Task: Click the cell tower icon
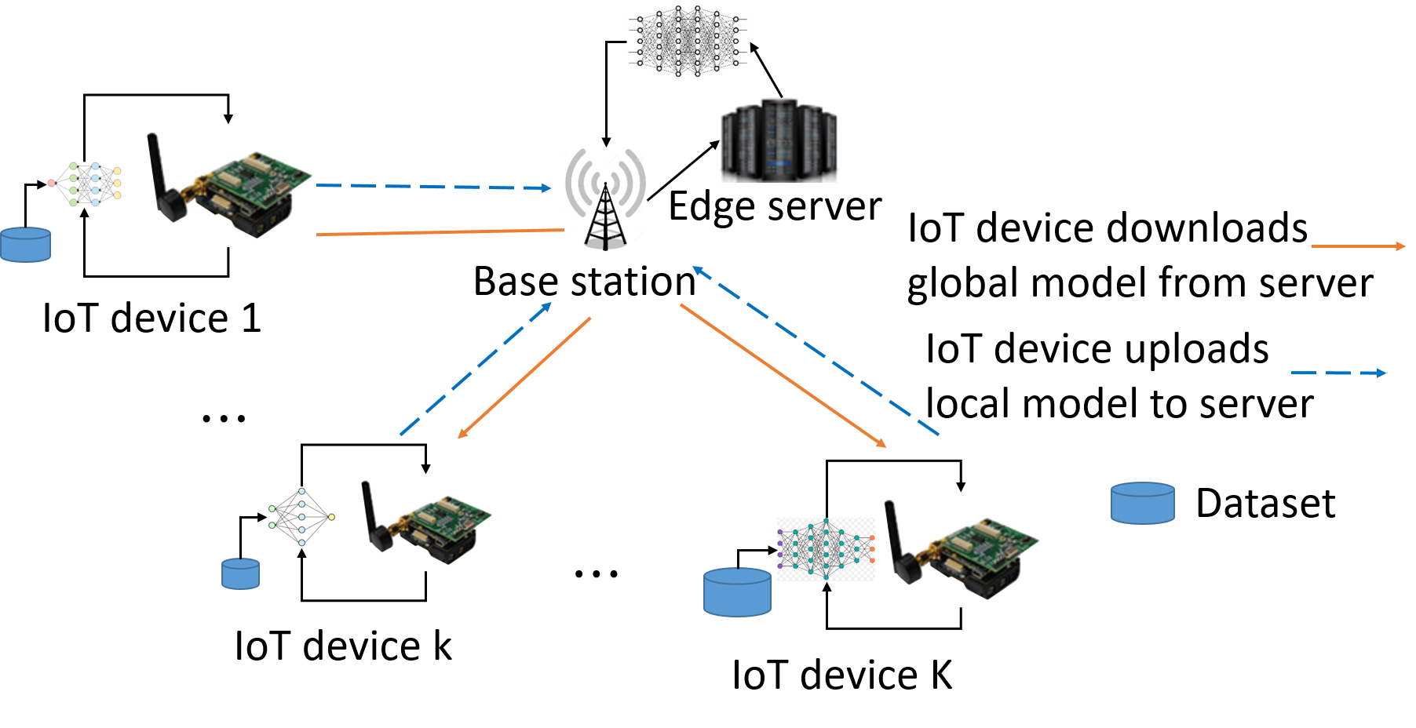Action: (605, 201)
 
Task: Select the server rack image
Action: (781, 140)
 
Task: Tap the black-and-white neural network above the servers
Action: (688, 41)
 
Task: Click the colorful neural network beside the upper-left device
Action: (84, 184)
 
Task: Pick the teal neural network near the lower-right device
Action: (826, 549)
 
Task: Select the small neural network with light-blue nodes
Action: (301, 516)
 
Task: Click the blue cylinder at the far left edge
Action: (25, 245)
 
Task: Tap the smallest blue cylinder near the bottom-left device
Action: (240, 573)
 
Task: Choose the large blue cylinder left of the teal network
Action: (737, 592)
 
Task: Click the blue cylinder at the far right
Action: (1143, 503)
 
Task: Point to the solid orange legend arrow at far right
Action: (1358, 246)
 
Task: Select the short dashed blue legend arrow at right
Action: (1338, 373)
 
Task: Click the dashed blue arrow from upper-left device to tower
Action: (433, 187)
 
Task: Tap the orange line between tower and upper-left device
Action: (440, 232)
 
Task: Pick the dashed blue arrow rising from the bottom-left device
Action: (476, 368)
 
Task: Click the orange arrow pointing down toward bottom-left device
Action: (524, 377)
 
